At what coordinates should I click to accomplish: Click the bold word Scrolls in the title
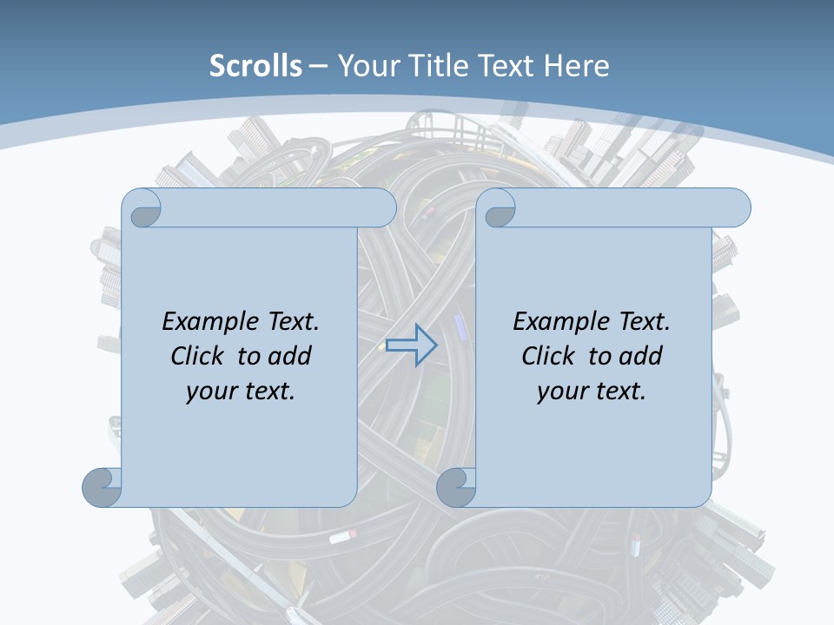pyautogui.click(x=255, y=66)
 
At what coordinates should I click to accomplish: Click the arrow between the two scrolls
pyautogui.click(x=411, y=345)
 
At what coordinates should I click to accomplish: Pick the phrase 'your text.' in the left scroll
pyautogui.click(x=241, y=391)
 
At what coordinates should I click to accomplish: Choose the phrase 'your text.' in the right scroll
pyautogui.click(x=592, y=391)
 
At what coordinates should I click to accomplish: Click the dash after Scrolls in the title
pyautogui.click(x=318, y=66)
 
